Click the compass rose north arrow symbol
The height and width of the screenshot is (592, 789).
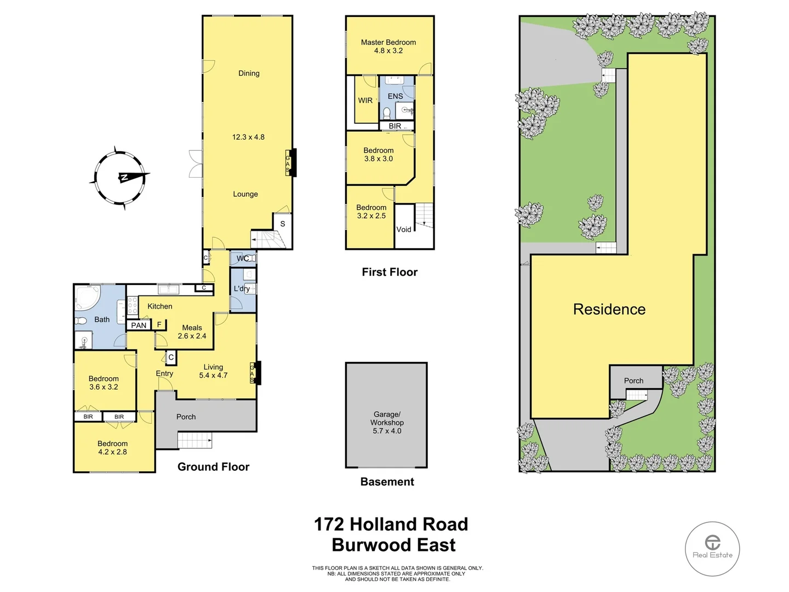[x=121, y=178]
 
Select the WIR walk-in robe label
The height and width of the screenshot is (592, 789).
[x=365, y=100]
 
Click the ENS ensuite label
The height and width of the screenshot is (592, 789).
[x=395, y=96]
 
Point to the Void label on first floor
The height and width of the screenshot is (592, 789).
[x=404, y=230]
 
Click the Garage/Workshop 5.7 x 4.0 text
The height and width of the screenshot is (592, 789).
[x=387, y=423]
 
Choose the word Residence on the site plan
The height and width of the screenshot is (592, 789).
[x=609, y=309]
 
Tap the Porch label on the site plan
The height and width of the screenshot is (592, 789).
[x=633, y=380]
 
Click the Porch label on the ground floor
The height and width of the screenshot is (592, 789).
[x=186, y=417]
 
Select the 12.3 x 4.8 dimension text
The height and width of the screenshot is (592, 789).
[x=248, y=137]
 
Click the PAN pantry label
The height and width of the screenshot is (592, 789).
[x=139, y=325]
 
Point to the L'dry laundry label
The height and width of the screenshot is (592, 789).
[x=242, y=288]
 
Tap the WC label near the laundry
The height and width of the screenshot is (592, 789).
[x=243, y=258]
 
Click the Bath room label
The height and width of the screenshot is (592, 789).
[x=102, y=320]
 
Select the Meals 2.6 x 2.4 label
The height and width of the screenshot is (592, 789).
[x=192, y=332]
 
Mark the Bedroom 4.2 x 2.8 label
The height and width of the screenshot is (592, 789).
[x=112, y=448]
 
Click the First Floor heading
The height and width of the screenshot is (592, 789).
[x=390, y=272]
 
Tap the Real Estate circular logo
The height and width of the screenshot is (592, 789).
[x=712, y=548]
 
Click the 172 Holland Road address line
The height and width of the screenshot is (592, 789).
[x=391, y=524]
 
